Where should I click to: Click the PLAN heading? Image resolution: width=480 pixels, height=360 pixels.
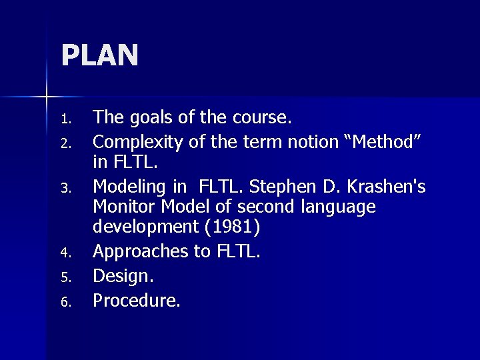(100, 55)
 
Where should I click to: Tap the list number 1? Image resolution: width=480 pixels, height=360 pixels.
(65, 121)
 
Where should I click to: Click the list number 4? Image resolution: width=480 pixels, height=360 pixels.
(65, 254)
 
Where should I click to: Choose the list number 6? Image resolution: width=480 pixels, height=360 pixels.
(65, 303)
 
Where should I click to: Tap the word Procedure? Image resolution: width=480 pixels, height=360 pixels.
(136, 301)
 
